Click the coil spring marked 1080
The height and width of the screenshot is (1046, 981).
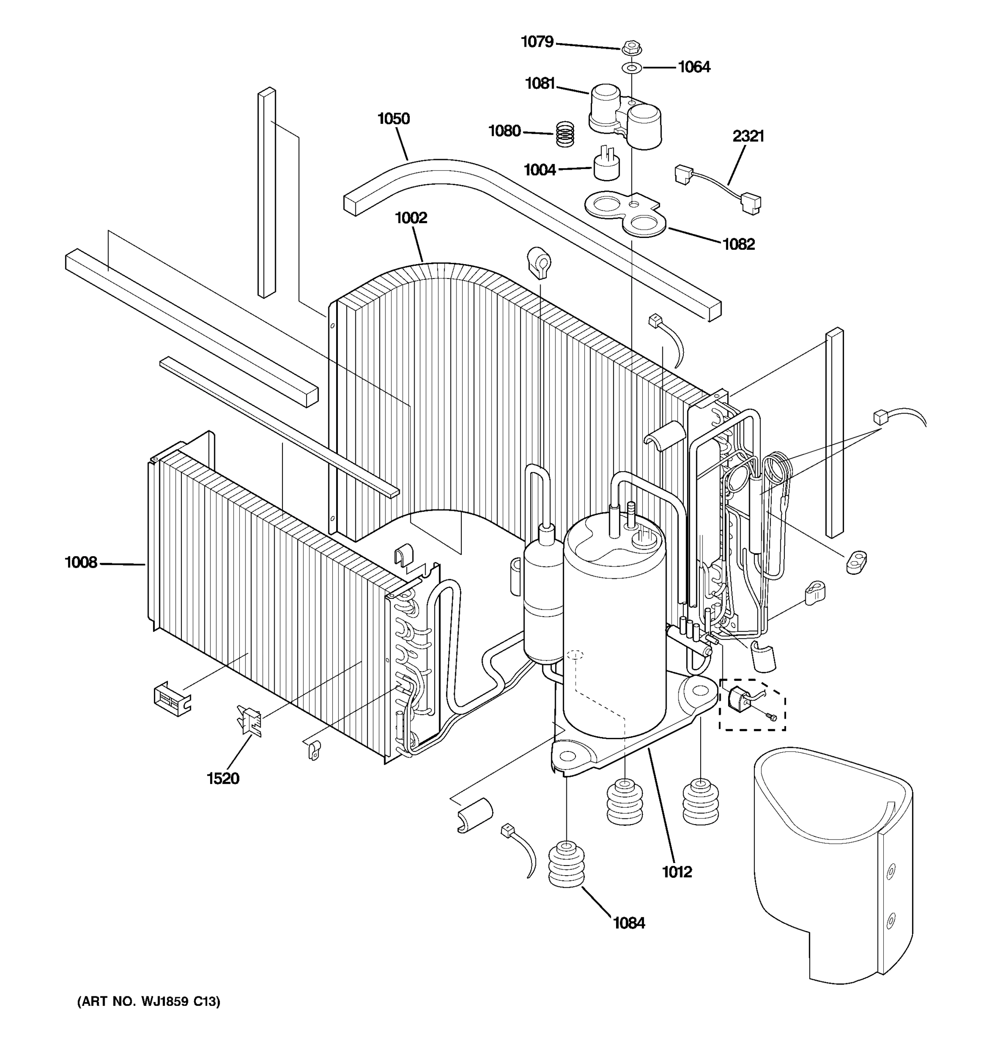tap(565, 134)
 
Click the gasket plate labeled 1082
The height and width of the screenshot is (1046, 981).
tap(626, 213)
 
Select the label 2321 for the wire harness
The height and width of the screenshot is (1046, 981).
tap(748, 136)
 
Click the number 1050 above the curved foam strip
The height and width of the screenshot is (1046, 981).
tap(393, 119)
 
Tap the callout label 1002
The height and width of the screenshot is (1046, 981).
tap(411, 218)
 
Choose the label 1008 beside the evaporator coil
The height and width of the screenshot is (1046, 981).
tap(81, 563)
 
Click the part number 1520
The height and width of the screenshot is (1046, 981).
tap(223, 779)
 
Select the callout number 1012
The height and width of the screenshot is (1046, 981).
tap(677, 873)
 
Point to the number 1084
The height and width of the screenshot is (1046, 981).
tap(628, 924)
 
